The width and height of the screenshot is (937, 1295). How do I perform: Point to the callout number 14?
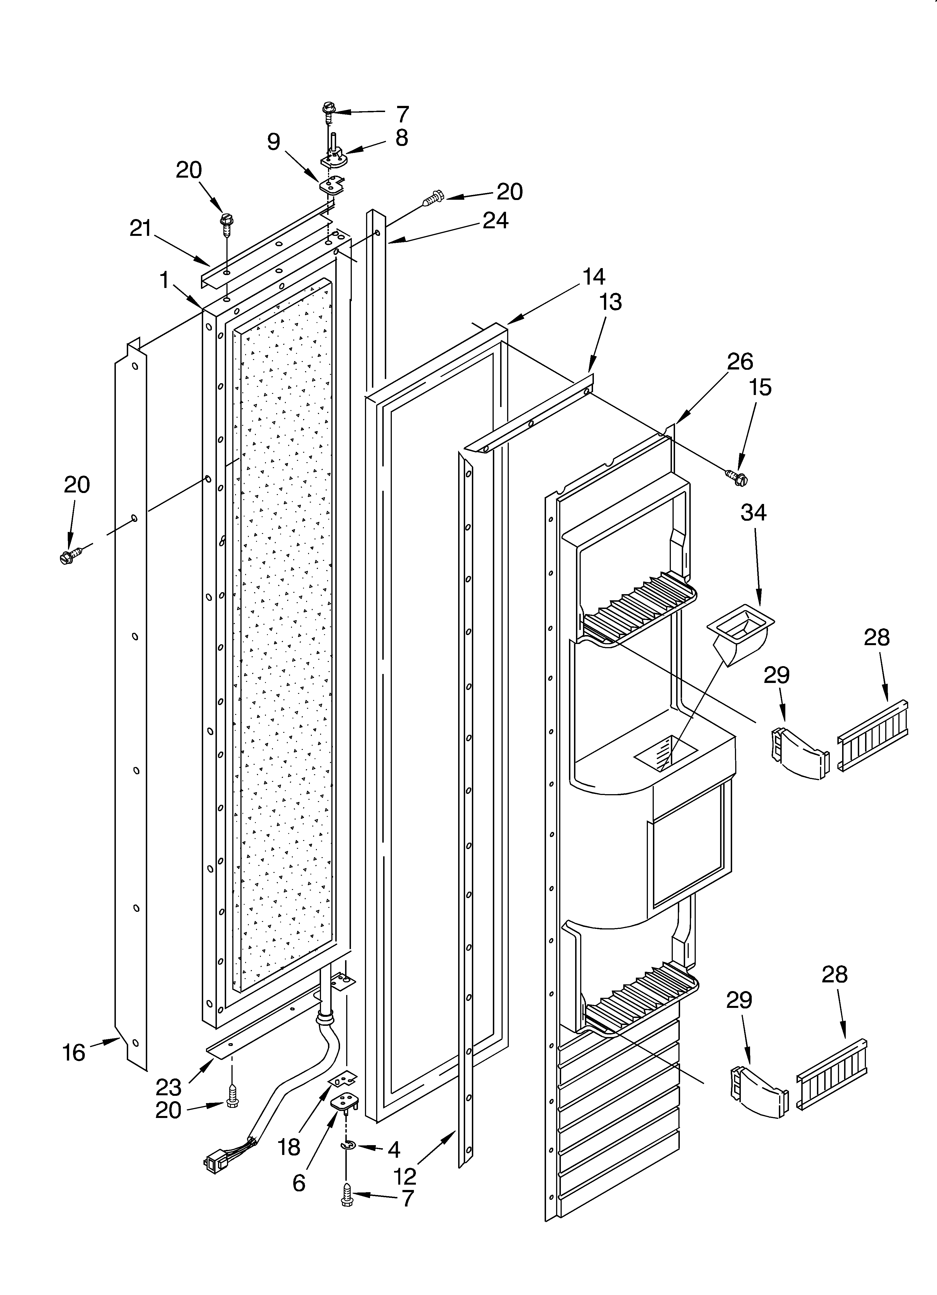click(x=594, y=276)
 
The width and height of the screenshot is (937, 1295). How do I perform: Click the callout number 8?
click(x=402, y=138)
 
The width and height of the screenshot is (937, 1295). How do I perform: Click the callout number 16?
click(x=74, y=1052)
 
